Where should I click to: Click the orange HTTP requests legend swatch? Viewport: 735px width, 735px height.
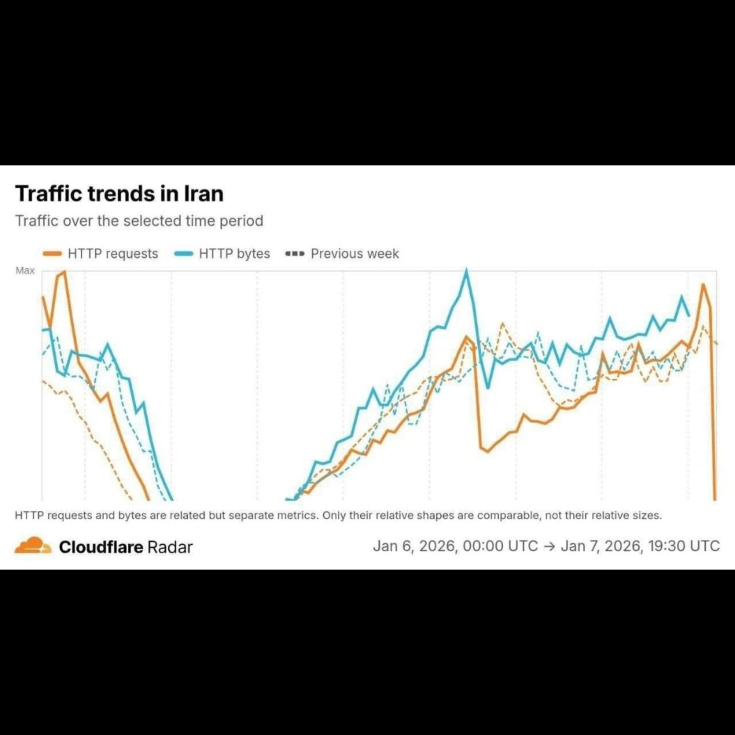tap(53, 254)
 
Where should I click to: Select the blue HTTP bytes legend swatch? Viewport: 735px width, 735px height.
tap(184, 254)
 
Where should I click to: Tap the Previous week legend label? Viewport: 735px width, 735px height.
tap(355, 254)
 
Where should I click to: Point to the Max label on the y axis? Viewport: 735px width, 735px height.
tap(25, 270)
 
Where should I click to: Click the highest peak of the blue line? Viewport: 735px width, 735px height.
tap(466, 271)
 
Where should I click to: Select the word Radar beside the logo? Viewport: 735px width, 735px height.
tap(170, 547)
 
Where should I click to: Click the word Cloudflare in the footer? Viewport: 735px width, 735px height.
tap(101, 547)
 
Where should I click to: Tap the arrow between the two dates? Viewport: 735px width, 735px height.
tap(550, 546)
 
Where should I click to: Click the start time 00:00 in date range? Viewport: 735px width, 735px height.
tap(483, 546)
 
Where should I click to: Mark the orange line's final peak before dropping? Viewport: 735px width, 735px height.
tap(703, 284)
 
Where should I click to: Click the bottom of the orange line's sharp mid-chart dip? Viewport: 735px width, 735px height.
tap(488, 452)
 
